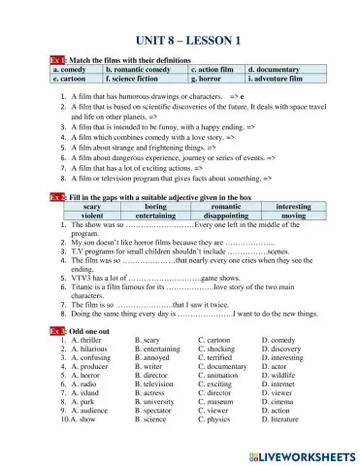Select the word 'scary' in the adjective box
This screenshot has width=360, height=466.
(94, 207)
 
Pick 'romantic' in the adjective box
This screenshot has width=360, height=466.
(226, 207)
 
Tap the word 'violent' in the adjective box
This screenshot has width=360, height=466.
(93, 216)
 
